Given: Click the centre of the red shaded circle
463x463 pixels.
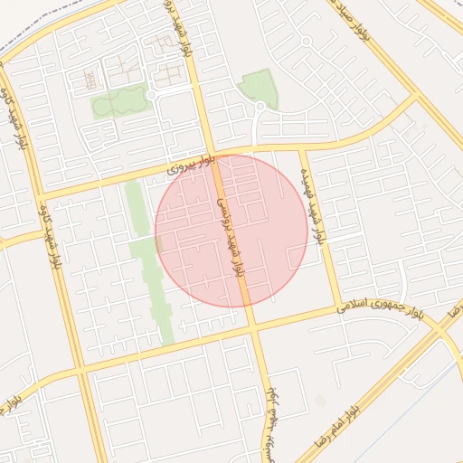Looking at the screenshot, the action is [x=231, y=231].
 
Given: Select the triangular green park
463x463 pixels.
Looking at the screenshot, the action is [x=259, y=88].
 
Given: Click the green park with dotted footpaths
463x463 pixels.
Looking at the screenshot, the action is [x=118, y=101].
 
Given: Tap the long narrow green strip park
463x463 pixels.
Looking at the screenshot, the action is [x=149, y=262].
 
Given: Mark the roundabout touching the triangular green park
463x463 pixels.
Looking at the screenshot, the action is [x=260, y=107].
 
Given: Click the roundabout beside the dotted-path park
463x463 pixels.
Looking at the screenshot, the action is [x=151, y=94].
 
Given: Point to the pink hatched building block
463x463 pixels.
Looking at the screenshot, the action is [x=164, y=43].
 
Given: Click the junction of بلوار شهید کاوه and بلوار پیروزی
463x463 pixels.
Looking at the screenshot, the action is [x=41, y=194].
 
